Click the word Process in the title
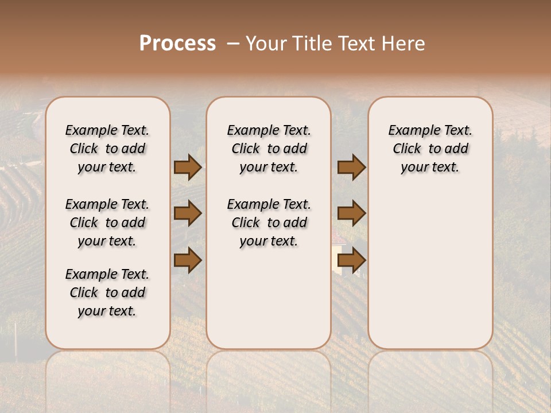(177, 44)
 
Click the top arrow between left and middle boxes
(188, 167)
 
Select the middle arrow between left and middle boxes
(188, 213)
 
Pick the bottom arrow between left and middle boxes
(188, 260)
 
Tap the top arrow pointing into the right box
(351, 167)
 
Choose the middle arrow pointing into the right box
(351, 213)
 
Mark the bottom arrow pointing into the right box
(351, 260)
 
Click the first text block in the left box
(107, 149)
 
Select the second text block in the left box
(107, 223)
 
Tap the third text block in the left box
(107, 293)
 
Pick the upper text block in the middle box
(269, 149)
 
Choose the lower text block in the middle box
(269, 223)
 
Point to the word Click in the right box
(407, 149)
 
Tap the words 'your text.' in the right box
(430, 167)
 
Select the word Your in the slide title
(266, 44)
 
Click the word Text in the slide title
(359, 44)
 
